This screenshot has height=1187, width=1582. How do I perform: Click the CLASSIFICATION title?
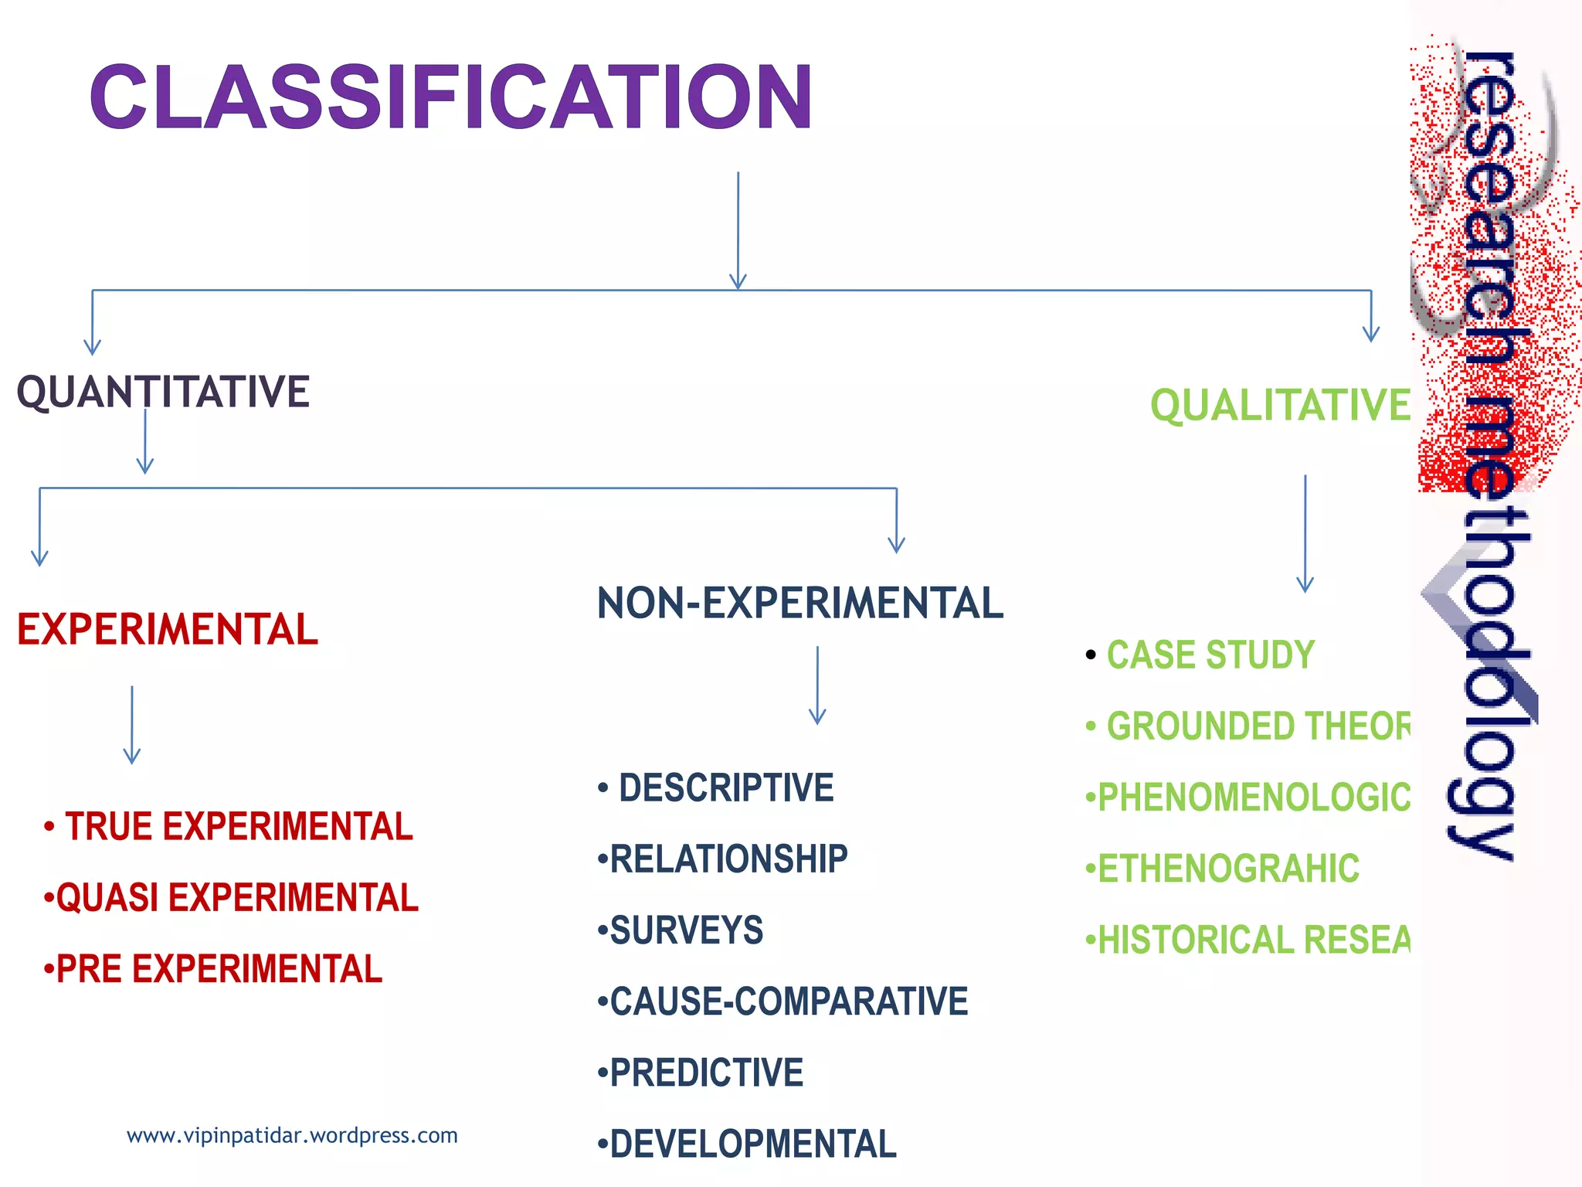coord(450,97)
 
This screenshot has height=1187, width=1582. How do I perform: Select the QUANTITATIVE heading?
coord(163,391)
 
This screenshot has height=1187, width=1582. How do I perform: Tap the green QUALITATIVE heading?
coord(1280,406)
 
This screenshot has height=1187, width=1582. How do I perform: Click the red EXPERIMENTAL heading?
coord(167,629)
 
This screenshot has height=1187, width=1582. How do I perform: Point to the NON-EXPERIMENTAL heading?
coord(799,604)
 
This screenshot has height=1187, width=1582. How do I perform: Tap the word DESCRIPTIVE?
coord(726,788)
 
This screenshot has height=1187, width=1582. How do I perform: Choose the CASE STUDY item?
coord(1210,655)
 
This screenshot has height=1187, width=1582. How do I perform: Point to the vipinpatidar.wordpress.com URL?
coord(292,1135)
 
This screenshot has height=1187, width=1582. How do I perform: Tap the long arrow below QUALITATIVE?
coord(1305,533)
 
